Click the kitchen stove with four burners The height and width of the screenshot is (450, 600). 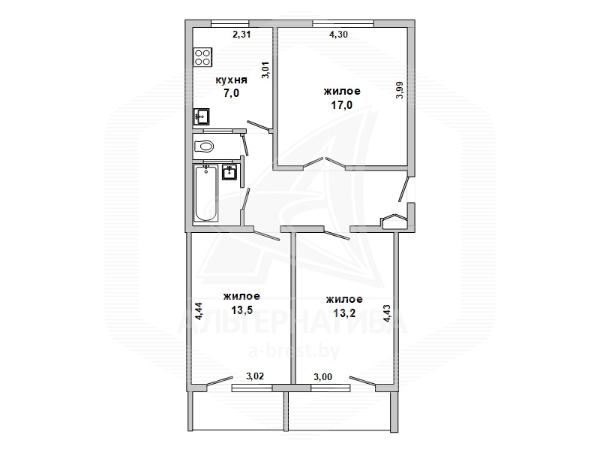[x=202, y=58]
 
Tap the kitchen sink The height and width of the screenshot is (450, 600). [x=201, y=116]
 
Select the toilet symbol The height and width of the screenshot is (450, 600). [x=204, y=146]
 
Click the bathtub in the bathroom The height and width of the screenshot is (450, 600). [x=206, y=193]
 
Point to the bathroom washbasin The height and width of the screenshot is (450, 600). [x=230, y=172]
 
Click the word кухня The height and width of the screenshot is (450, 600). [x=232, y=80]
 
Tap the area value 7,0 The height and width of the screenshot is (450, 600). [x=232, y=92]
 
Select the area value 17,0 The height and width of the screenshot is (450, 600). [x=342, y=104]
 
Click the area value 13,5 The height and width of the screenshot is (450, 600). [x=241, y=310]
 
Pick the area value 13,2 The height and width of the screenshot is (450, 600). [x=344, y=313]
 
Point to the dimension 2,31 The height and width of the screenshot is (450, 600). [x=241, y=35]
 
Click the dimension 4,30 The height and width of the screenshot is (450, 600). [x=339, y=35]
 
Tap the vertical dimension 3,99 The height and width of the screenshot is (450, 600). [x=400, y=90]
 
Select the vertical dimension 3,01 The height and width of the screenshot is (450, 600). [x=265, y=70]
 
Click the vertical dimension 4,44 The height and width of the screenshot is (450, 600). [x=199, y=311]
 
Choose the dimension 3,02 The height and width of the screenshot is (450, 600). [x=255, y=376]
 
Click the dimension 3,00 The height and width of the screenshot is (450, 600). [x=323, y=377]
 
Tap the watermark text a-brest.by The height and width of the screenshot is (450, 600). [x=294, y=351]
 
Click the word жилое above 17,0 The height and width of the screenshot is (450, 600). [x=342, y=91]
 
